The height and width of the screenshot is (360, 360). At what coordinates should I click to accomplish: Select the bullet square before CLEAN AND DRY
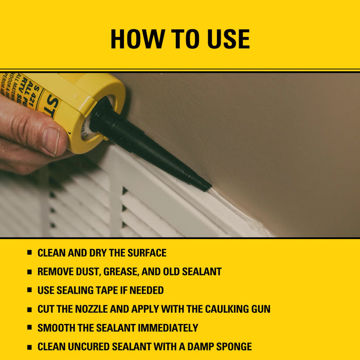coord(30,253)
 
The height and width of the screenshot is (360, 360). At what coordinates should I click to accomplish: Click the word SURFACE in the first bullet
coord(143,253)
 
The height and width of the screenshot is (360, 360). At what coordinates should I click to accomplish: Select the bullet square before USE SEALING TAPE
coord(30,290)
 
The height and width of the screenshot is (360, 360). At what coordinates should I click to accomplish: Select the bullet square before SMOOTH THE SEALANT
coord(30,328)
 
